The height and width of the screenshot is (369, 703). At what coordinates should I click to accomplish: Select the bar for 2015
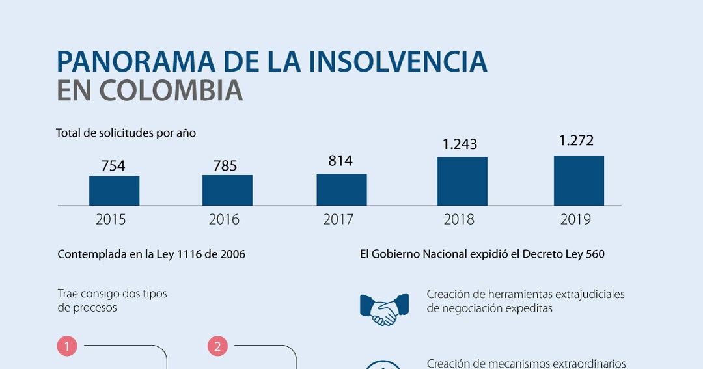click(x=115, y=191)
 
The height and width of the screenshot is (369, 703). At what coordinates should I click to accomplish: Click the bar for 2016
click(x=227, y=191)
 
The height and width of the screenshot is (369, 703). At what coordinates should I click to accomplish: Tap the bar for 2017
click(x=342, y=189)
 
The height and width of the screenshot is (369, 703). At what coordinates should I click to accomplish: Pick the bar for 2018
click(x=462, y=182)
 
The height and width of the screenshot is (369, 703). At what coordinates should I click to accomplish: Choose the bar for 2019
click(x=579, y=181)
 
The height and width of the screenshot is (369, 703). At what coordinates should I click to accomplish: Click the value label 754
click(x=113, y=166)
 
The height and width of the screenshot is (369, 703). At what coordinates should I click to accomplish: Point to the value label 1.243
click(x=460, y=144)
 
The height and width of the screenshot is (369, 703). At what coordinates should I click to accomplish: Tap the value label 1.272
click(x=576, y=141)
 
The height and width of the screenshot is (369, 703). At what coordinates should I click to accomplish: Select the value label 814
click(x=340, y=161)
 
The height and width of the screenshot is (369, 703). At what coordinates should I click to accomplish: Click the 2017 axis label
click(x=338, y=219)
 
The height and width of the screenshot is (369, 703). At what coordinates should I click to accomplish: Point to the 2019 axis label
click(x=575, y=219)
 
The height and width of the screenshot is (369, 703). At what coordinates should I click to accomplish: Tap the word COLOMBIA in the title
click(x=171, y=90)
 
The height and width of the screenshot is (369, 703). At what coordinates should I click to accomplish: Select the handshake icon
click(x=385, y=309)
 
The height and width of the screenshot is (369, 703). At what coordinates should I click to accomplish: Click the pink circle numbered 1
click(x=67, y=347)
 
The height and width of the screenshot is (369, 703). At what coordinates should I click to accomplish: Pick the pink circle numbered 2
click(x=217, y=347)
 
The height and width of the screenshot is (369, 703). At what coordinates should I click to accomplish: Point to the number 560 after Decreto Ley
click(x=595, y=254)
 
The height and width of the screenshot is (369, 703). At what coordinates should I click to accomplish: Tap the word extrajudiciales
click(x=590, y=295)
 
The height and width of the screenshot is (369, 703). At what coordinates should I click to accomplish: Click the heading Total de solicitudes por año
click(x=126, y=133)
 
